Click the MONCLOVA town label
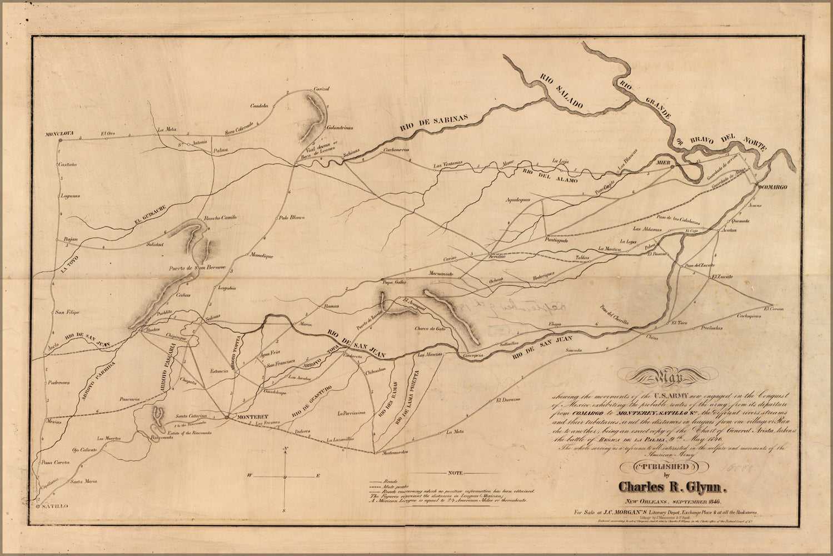pyautogui.click(x=62, y=133)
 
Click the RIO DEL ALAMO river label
pyautogui.click(x=550, y=176)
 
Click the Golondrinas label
pyautogui.click(x=340, y=127)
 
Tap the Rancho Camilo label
pyautogui.click(x=221, y=217)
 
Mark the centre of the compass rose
pyautogui.click(x=285, y=477)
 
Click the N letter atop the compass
pyautogui.click(x=285, y=449)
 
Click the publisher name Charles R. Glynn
pyautogui.click(x=673, y=488)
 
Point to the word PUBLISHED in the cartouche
pyautogui.click(x=672, y=466)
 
